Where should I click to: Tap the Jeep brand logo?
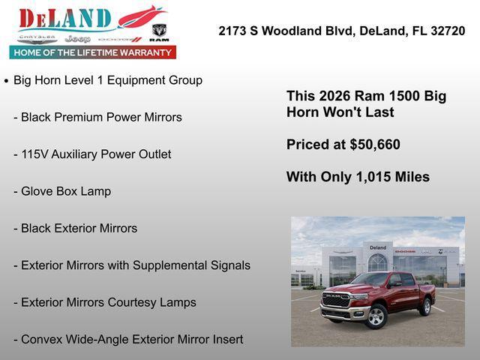(77, 38)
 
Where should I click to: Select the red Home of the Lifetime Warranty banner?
(93, 52)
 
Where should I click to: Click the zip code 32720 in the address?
(447, 31)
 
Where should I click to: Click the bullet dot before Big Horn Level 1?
(7, 80)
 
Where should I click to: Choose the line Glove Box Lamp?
(66, 191)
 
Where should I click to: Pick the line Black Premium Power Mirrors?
(101, 117)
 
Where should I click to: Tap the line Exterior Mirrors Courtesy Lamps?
(109, 302)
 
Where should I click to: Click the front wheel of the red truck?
(376, 316)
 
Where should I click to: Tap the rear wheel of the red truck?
(426, 306)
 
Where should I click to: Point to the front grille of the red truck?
(336, 300)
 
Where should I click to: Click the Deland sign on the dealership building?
(378, 247)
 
